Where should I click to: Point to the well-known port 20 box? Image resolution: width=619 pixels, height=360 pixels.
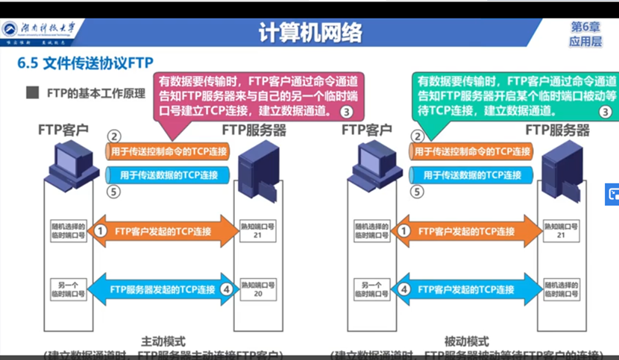point(257,288)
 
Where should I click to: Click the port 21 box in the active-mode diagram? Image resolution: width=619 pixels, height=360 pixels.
point(257,230)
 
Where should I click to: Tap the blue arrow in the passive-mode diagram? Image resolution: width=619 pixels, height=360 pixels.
point(468,288)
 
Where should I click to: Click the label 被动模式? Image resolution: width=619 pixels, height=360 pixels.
point(467,338)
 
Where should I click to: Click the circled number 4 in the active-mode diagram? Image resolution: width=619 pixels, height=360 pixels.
point(227,288)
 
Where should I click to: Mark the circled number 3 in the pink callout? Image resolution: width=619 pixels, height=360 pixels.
point(346,112)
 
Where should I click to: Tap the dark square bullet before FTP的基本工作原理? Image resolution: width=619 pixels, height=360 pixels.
point(32,94)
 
